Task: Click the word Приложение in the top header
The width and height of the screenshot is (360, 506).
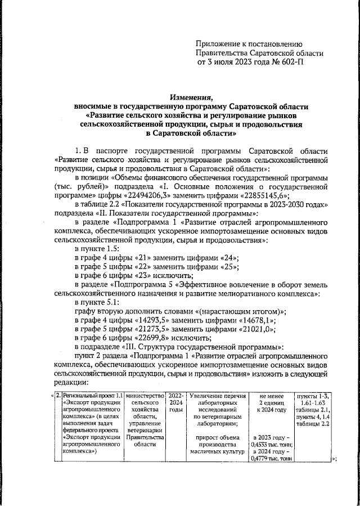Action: pyautogui.click(x=219, y=43)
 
